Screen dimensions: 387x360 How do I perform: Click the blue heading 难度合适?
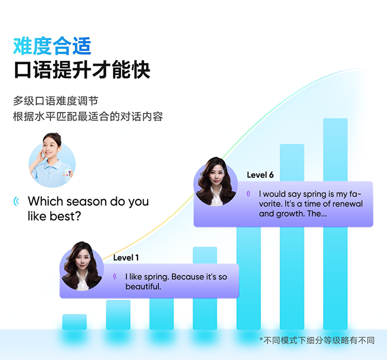tap(52, 46)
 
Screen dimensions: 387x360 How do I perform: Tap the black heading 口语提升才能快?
tap(82, 70)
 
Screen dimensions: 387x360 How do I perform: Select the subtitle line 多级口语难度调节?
tap(56, 101)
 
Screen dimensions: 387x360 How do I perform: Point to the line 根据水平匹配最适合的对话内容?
tap(88, 117)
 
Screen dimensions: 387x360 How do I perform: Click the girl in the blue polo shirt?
tap(52, 160)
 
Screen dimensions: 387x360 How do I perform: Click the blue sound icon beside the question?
tap(17, 201)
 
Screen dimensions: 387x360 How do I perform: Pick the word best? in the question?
tap(65, 216)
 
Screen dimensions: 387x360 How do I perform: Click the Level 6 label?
tap(260, 175)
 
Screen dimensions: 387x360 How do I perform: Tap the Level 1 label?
tap(126, 258)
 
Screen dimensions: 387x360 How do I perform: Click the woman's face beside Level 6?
tap(216, 176)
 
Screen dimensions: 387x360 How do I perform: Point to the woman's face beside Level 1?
tap(83, 260)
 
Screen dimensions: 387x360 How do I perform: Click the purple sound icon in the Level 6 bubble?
tap(249, 194)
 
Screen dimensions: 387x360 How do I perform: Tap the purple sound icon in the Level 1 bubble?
tap(115, 276)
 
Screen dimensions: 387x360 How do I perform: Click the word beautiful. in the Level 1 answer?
tap(143, 286)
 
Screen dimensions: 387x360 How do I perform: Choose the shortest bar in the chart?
tap(74, 322)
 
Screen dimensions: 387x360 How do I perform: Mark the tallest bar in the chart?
tap(335, 224)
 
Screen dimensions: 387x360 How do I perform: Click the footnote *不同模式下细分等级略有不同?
tap(317, 340)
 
